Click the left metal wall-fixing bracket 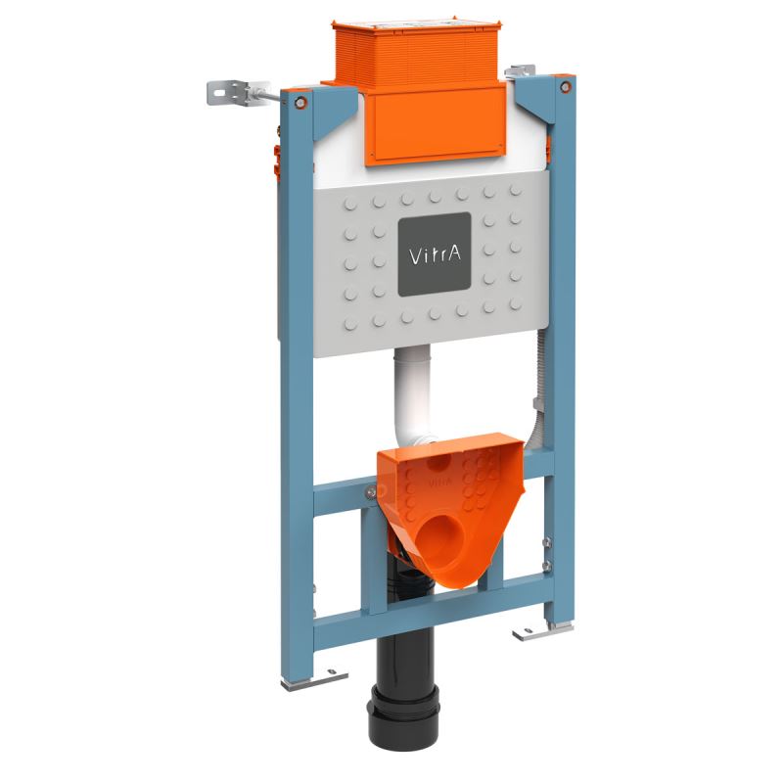point(222,90)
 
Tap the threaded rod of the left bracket point(259,96)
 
